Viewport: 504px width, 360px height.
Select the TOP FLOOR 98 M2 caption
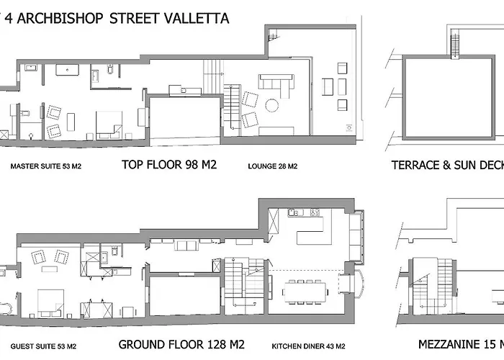coord(169,165)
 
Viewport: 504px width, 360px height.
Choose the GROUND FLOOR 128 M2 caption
coord(181,344)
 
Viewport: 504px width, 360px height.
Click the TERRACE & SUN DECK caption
coord(446,165)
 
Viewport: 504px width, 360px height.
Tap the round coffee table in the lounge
coord(272,105)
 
